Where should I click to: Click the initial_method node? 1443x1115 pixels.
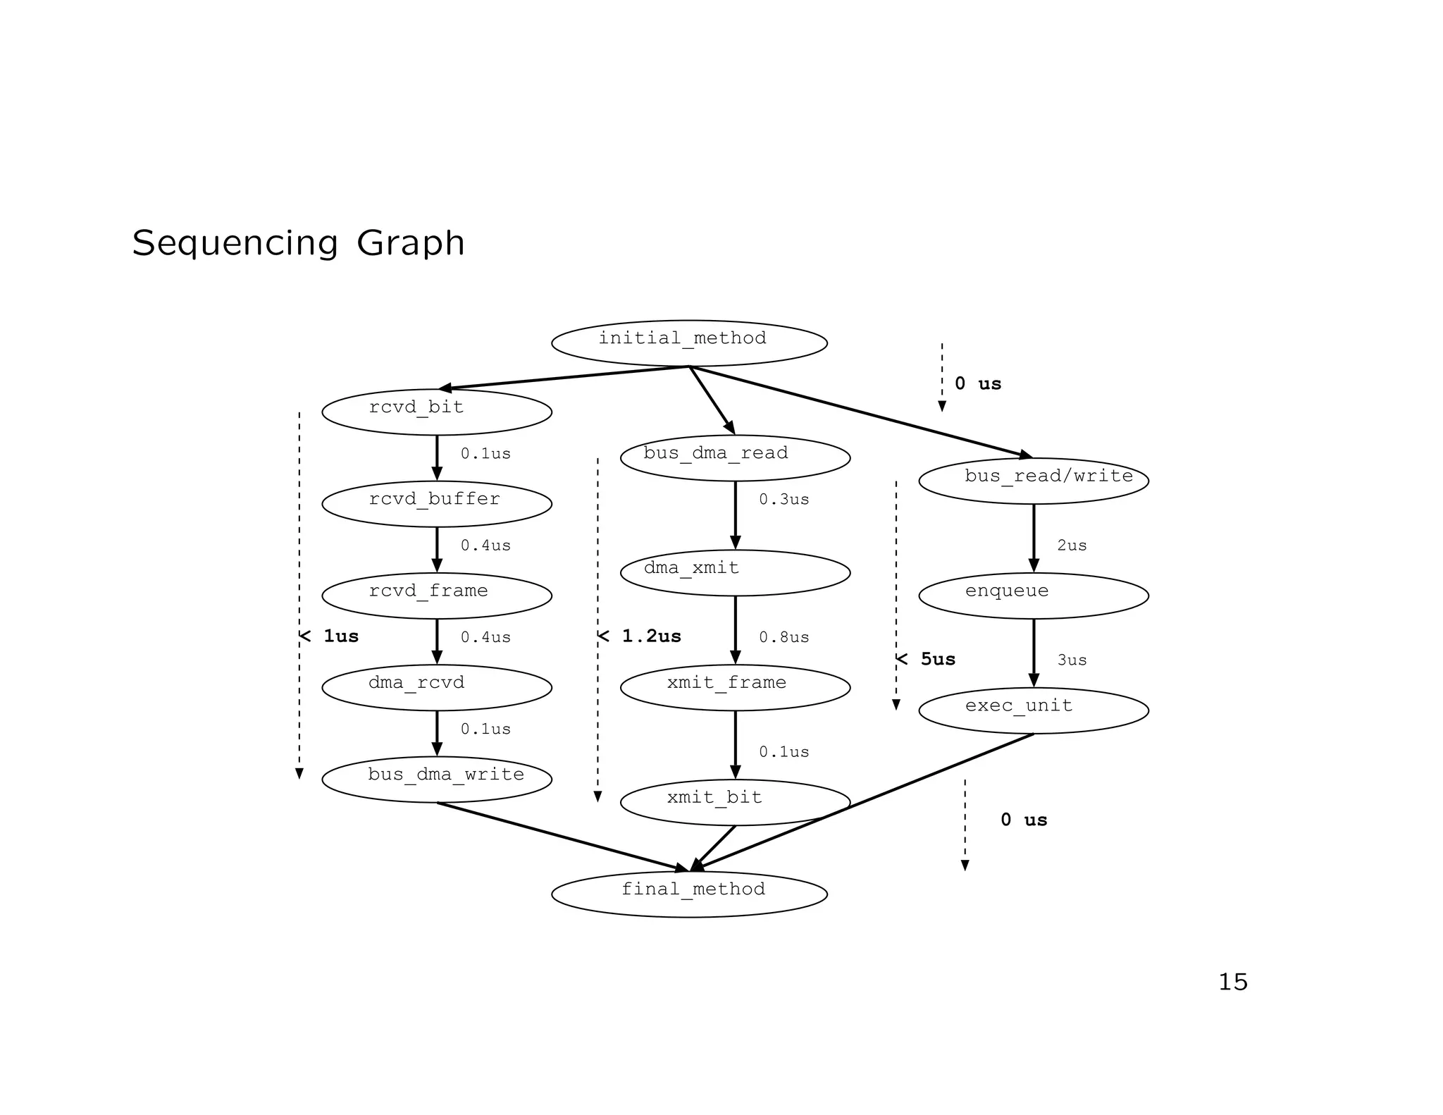click(689, 343)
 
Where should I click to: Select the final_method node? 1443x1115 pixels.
click(689, 894)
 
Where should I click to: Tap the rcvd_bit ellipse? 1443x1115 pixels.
click(437, 412)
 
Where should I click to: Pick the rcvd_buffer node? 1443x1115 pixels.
click(437, 504)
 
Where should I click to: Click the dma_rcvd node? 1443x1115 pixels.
click(437, 687)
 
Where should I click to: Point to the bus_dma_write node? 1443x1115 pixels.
click(437, 779)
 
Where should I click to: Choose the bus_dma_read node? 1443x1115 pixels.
click(735, 458)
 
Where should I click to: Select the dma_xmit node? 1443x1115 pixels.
click(735, 572)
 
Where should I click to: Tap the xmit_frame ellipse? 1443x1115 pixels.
click(735, 687)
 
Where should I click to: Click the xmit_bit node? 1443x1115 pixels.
click(735, 802)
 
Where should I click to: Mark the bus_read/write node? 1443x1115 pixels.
click(1034, 481)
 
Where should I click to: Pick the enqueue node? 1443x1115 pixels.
click(1034, 596)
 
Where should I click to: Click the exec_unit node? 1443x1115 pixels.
click(1034, 710)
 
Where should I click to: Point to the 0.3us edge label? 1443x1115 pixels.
click(784, 500)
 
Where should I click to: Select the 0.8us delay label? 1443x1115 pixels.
click(784, 637)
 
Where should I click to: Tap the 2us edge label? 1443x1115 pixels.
click(1072, 546)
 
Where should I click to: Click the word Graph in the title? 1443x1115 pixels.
click(410, 243)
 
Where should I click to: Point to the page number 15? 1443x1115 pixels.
click(1233, 982)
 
